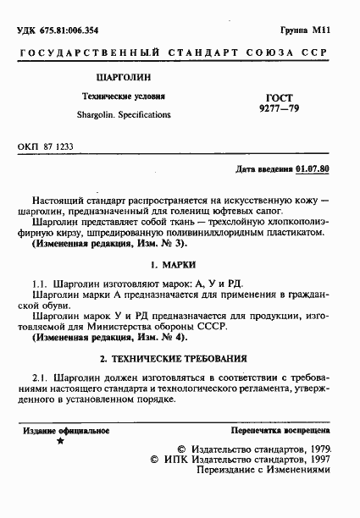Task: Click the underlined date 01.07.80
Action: point(313,168)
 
